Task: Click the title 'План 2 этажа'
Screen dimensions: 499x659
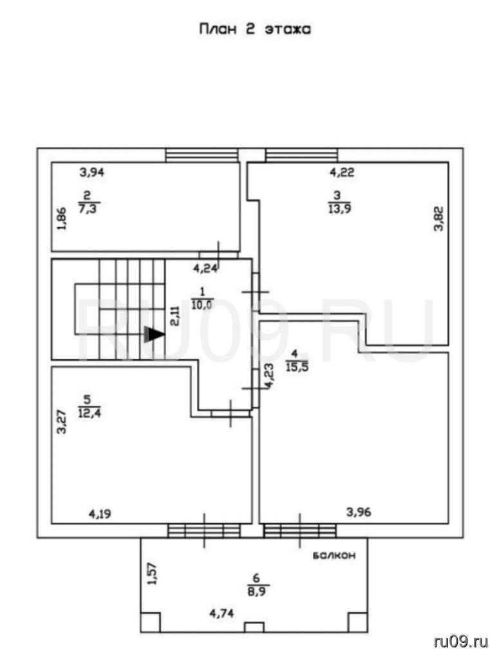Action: (x=255, y=30)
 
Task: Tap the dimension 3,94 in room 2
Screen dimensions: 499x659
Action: (x=91, y=172)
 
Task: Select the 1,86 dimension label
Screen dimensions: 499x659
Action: (x=62, y=219)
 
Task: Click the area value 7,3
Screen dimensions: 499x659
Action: (x=89, y=209)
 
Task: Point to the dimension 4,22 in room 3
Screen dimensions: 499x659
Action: (x=342, y=172)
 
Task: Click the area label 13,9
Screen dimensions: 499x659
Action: (x=339, y=209)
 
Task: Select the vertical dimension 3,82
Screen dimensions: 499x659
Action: (x=438, y=219)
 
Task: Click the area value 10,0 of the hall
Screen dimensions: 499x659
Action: (x=202, y=304)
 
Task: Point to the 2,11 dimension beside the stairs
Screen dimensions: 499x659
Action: (x=175, y=315)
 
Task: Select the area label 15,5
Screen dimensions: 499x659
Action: (x=297, y=367)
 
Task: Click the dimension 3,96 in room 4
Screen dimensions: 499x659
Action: (x=358, y=512)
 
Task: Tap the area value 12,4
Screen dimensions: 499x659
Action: (x=89, y=413)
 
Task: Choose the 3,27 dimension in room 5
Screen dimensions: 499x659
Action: (x=62, y=422)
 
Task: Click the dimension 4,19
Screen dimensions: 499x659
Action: (x=100, y=514)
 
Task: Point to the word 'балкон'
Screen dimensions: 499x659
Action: (x=334, y=555)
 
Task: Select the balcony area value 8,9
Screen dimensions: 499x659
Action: (x=259, y=591)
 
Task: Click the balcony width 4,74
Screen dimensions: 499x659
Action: (x=221, y=613)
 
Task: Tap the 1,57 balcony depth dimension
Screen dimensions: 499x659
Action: (x=153, y=573)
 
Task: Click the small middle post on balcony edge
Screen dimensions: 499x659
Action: (x=254, y=627)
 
